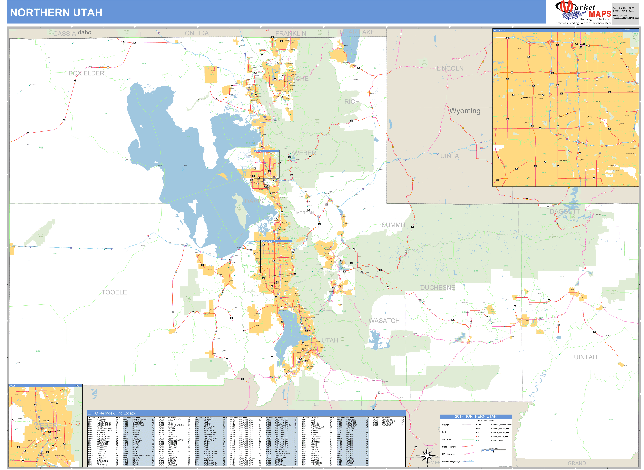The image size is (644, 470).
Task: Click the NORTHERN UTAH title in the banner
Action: click(x=56, y=13)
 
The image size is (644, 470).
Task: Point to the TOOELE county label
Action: click(x=114, y=292)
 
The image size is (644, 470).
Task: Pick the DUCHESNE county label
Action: click(x=438, y=288)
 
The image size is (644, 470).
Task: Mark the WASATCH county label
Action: click(x=384, y=321)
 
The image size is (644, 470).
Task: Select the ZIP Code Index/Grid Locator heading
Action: click(x=112, y=413)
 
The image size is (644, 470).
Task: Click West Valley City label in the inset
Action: click(x=529, y=98)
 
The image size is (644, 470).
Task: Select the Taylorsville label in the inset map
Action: click(x=562, y=116)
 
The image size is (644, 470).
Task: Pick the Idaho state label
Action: click(x=84, y=32)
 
